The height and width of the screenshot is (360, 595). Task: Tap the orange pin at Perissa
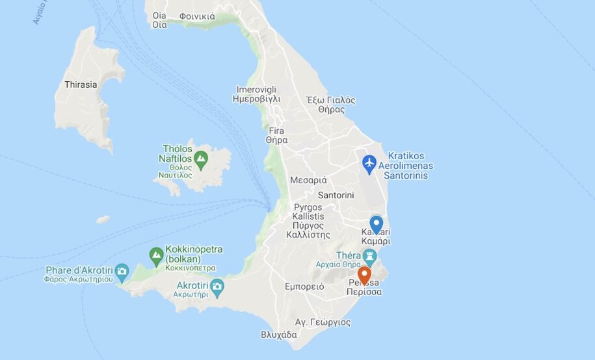pos(364,276)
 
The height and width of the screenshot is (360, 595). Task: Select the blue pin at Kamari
pos(376,224)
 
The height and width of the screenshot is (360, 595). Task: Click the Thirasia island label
pos(81,84)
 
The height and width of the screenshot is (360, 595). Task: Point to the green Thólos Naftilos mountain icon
pos(201,157)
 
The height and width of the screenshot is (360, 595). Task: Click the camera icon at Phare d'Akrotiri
pos(122,271)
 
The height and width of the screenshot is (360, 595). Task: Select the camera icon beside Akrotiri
pos(217,286)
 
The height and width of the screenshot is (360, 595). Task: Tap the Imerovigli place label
pos(256,94)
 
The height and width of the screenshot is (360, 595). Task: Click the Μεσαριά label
pos(308,180)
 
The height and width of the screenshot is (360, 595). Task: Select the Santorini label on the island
pos(336,195)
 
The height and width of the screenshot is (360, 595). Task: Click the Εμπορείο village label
pos(304,287)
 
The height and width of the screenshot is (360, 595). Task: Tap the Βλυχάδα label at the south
pos(278,335)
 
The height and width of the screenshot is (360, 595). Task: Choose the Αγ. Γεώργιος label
pos(323,322)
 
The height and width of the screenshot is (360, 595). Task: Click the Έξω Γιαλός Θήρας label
pos(331,105)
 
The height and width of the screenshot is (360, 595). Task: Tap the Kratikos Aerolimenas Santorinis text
pos(409,166)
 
